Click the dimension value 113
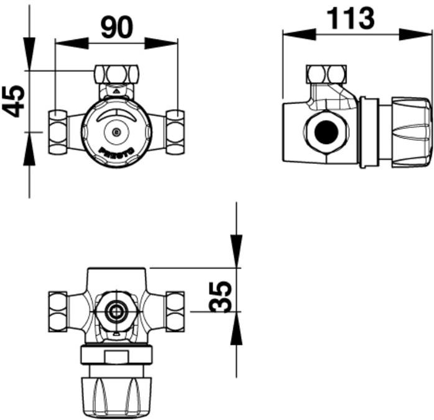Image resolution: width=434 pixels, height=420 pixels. [351, 18]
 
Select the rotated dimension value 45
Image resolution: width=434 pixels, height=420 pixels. [13, 100]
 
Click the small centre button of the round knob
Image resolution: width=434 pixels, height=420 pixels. [116, 131]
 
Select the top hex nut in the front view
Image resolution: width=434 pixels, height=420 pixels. [116, 74]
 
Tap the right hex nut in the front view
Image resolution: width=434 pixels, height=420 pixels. [175, 131]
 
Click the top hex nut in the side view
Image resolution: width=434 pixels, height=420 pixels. [325, 74]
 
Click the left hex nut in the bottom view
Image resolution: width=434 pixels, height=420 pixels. [58, 310]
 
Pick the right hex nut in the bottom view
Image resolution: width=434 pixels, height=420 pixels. [175, 310]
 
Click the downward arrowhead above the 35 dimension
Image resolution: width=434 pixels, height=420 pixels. [236, 243]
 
